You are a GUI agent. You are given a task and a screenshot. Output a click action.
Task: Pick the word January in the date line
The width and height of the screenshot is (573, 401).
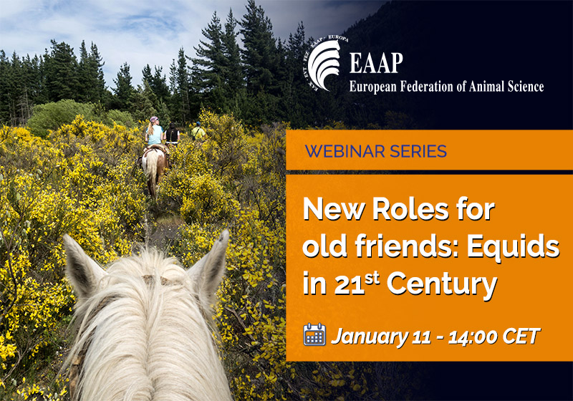point(364,335)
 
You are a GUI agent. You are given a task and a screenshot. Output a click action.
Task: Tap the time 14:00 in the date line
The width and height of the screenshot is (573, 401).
point(468,335)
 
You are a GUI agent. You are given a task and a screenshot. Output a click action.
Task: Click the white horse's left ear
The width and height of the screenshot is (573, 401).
point(81,261)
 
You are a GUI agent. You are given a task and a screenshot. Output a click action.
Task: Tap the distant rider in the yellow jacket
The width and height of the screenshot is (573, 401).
point(198,132)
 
